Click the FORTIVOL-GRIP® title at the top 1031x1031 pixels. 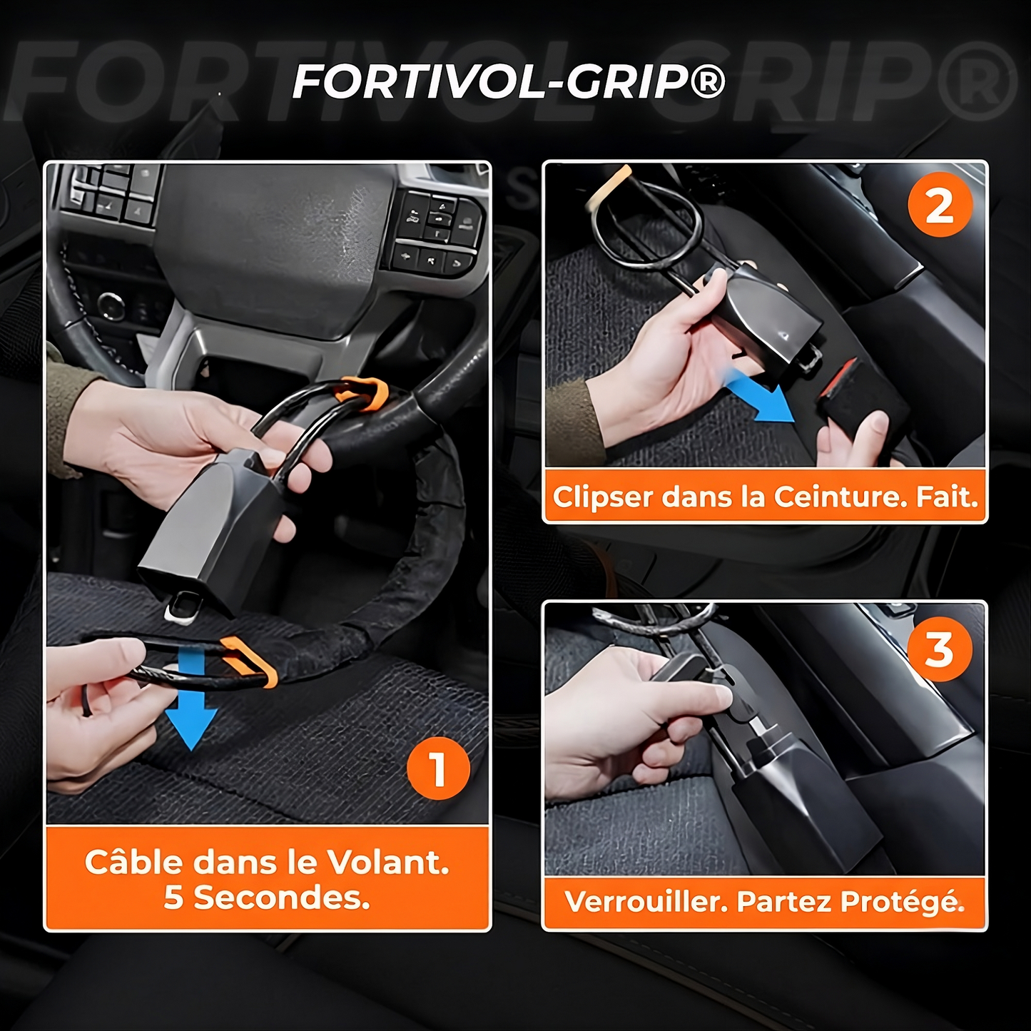click(509, 82)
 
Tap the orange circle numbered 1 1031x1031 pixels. click(438, 769)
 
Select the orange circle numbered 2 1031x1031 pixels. click(940, 205)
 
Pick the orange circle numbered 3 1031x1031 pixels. click(940, 649)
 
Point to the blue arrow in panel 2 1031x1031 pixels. click(761, 397)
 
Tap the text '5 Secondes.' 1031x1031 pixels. click(267, 897)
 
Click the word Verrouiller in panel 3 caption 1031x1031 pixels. click(646, 902)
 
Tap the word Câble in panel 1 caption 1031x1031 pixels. click(133, 862)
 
